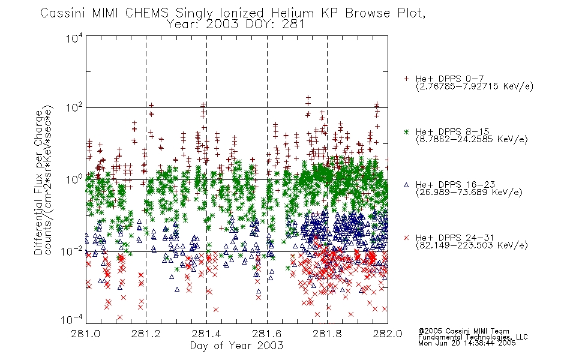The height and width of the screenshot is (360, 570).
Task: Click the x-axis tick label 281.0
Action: click(x=86, y=334)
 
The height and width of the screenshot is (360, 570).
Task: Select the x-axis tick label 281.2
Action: click(x=146, y=334)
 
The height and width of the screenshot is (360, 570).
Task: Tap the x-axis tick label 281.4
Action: click(x=206, y=334)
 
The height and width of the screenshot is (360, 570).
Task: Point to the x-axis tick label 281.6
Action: click(x=267, y=334)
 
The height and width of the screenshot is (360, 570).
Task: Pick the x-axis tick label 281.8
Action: click(x=327, y=334)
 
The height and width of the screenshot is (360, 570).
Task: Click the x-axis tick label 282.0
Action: click(x=388, y=334)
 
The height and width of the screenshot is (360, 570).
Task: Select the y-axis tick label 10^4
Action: click(x=74, y=38)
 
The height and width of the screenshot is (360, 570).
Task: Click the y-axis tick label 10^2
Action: click(x=74, y=107)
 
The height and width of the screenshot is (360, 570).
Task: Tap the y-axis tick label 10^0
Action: click(x=74, y=179)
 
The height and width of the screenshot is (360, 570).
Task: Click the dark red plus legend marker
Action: click(x=406, y=79)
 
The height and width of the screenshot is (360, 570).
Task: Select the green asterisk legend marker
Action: click(x=406, y=131)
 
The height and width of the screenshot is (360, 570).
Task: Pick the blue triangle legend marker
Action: click(x=406, y=185)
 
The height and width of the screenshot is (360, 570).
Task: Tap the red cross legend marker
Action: click(x=406, y=238)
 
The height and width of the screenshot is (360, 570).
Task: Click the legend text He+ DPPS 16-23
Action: click(x=455, y=185)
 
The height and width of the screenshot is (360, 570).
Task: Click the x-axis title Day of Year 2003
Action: click(x=236, y=346)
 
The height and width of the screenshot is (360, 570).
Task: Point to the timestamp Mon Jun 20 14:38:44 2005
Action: click(x=467, y=343)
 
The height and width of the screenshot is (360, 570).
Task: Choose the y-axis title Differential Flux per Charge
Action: click(x=38, y=182)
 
